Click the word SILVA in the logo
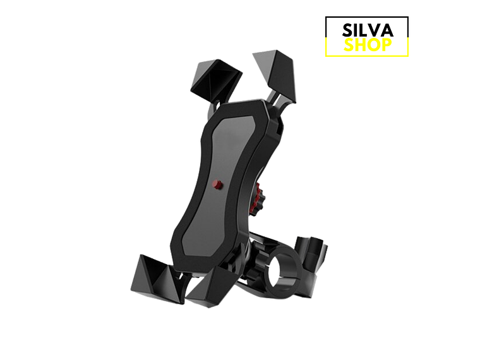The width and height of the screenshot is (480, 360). tap(367, 30)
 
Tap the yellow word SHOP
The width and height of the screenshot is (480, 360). tap(367, 44)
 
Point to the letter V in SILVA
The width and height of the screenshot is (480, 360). tap(378, 30)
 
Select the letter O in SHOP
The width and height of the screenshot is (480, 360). tap(373, 44)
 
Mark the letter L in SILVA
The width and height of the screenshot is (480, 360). tap(366, 30)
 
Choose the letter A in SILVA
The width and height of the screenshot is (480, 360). tap(389, 30)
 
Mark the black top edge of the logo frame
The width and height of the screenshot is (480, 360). tap(367, 18)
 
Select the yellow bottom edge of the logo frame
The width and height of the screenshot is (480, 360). tap(367, 56)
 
